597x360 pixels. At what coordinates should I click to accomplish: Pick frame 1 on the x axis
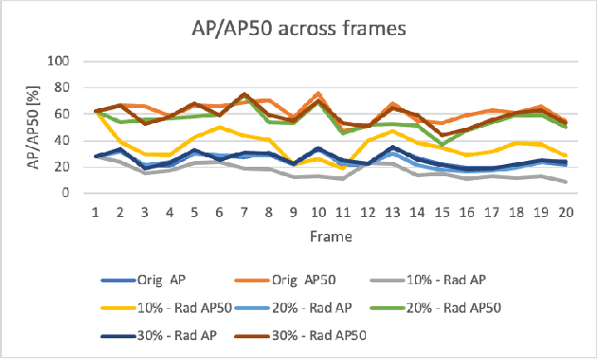pyautogui.click(x=96, y=214)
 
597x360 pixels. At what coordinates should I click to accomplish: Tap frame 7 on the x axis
pyautogui.click(x=244, y=214)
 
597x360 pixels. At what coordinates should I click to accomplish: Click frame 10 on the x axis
pyautogui.click(x=317, y=214)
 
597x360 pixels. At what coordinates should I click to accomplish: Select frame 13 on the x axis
pyautogui.click(x=391, y=214)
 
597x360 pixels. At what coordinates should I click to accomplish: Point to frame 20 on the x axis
pyautogui.click(x=564, y=214)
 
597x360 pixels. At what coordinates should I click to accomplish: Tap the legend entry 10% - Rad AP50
pyautogui.click(x=154, y=307)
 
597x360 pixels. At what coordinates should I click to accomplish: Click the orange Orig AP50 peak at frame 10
pyautogui.click(x=317, y=94)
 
